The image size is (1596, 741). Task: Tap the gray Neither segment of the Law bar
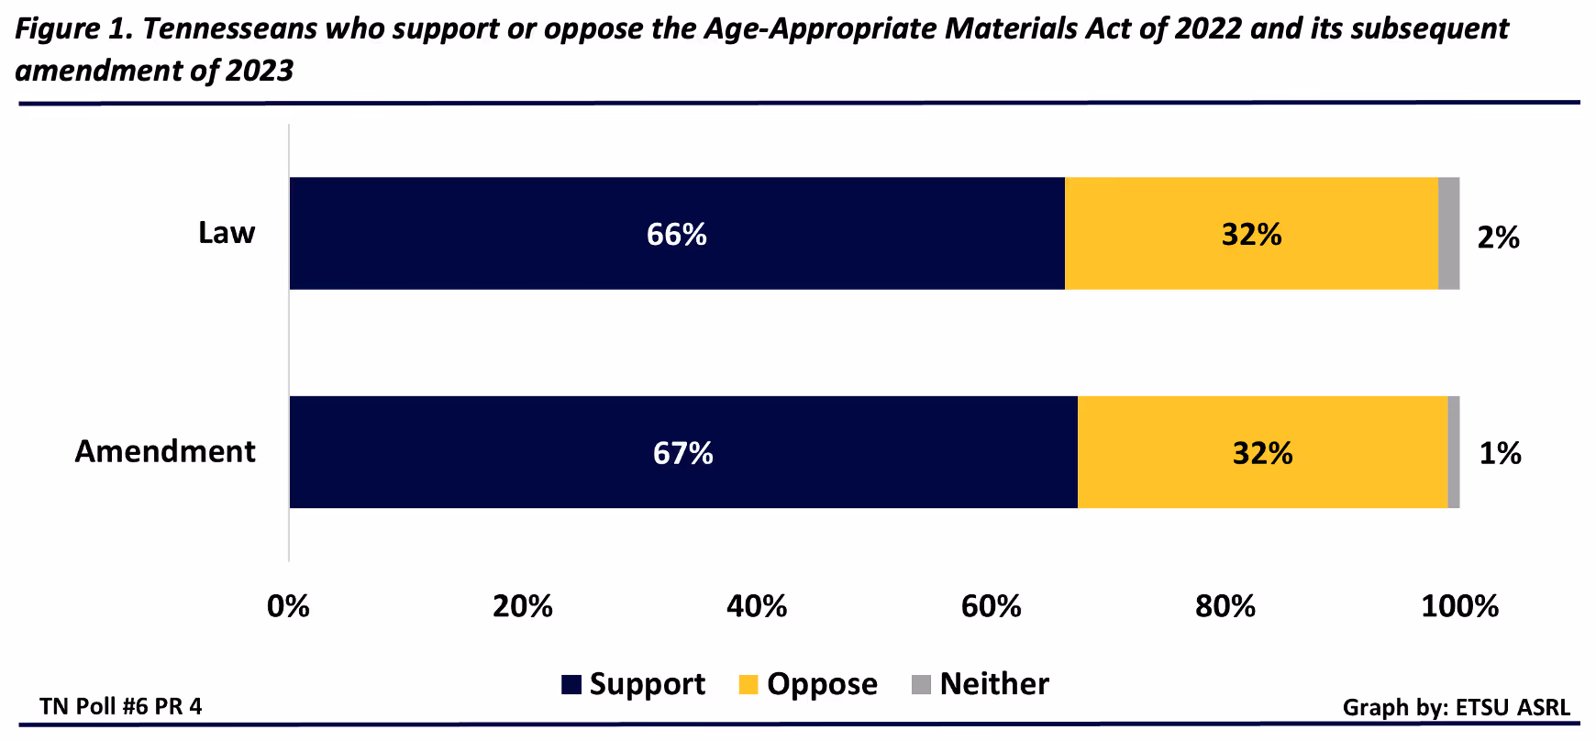click(x=1448, y=234)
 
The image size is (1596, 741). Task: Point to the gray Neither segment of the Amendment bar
click(x=1454, y=452)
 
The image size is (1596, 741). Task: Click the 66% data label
click(x=677, y=235)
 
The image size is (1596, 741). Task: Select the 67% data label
click(x=683, y=453)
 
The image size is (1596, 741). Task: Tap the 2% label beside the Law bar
click(x=1498, y=238)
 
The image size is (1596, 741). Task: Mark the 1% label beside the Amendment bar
click(x=1500, y=453)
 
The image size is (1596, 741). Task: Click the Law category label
click(x=227, y=233)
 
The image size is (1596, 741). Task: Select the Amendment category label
click(x=165, y=451)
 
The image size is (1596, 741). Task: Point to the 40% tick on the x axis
click(x=757, y=606)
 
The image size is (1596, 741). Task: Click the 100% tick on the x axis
click(x=1458, y=606)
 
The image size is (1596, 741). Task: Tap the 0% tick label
click(x=288, y=606)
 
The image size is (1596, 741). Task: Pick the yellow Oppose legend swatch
click(x=748, y=685)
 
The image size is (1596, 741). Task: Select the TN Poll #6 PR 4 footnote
click(x=121, y=706)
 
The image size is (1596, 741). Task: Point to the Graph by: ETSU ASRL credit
click(x=1456, y=707)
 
